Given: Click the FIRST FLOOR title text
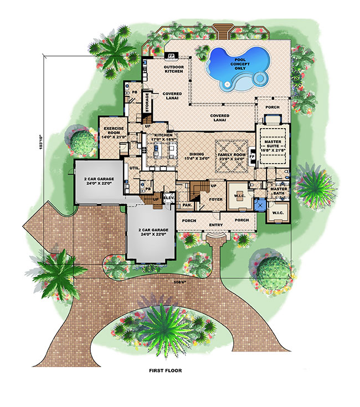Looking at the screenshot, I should tap(164, 370).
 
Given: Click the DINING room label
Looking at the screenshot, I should tap(196, 155).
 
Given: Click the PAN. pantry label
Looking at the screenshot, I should tap(187, 205).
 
